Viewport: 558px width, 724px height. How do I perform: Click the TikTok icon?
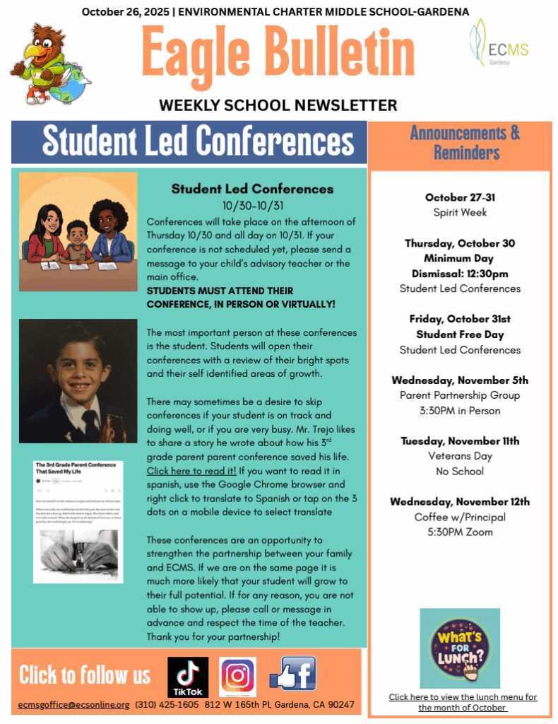187,677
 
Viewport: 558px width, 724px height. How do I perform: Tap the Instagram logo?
237,677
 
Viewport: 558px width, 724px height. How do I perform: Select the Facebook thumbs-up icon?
293,675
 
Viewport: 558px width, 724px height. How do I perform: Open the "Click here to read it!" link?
191,470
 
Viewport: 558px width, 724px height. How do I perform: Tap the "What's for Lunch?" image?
460,648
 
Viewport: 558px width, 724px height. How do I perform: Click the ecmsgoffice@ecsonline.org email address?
74,705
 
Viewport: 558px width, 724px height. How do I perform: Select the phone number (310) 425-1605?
167,705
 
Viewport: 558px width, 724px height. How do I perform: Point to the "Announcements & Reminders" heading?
464,143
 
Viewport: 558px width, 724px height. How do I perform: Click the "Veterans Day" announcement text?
460,456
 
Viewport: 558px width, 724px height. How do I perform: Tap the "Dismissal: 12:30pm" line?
460,274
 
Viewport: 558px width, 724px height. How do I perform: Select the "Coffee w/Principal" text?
460,517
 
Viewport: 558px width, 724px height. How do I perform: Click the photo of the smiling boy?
78,380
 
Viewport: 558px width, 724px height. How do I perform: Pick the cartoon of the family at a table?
78,232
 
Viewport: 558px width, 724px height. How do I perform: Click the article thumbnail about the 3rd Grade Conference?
78,522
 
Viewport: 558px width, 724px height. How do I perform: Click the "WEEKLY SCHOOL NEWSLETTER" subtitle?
278,105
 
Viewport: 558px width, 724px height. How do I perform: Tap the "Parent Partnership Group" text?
460,395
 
